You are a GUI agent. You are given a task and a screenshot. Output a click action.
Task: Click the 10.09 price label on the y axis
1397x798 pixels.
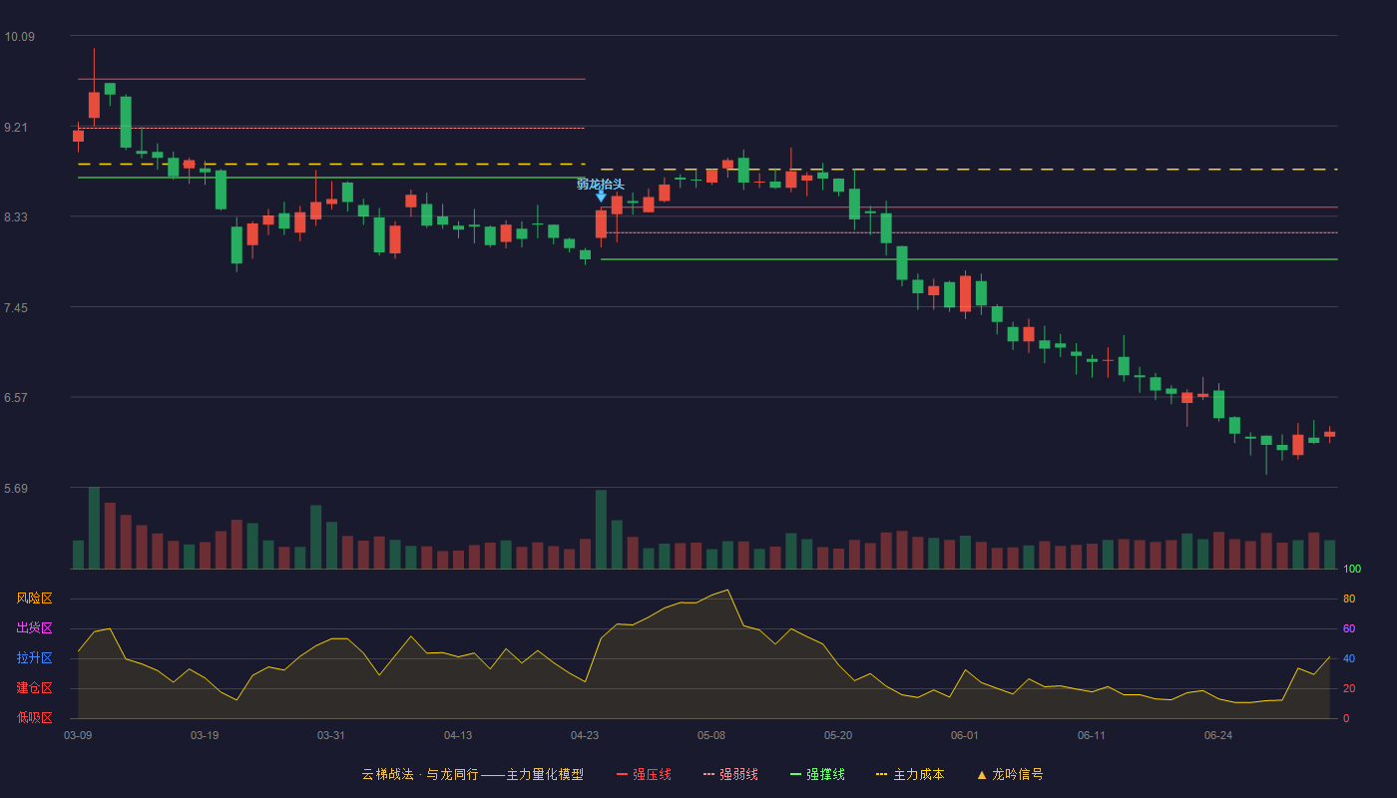point(19,37)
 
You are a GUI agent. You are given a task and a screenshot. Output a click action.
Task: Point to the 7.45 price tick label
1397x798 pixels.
point(16,308)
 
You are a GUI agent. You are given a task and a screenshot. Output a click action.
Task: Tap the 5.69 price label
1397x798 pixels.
point(16,488)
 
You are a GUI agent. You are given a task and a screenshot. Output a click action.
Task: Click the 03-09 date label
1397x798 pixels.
point(78,736)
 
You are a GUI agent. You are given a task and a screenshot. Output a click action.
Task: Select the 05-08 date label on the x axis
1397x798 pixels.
point(711,736)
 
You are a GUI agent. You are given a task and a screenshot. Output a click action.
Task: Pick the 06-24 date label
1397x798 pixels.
point(1218,736)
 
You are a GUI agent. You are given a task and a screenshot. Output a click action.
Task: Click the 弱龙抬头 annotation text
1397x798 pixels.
point(600,184)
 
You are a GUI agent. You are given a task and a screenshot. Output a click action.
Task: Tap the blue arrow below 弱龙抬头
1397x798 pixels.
point(601,197)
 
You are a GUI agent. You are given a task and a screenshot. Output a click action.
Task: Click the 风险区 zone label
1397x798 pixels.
point(34,598)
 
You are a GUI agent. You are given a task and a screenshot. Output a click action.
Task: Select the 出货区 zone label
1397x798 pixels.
point(34,627)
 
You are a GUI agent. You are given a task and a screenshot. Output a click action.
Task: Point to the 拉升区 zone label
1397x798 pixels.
point(34,657)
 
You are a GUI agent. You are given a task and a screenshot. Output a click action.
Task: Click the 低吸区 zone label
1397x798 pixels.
point(34,717)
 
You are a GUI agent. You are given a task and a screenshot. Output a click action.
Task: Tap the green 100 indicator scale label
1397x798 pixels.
point(1352,569)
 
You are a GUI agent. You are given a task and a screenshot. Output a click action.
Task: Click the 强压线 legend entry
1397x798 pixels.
point(645,774)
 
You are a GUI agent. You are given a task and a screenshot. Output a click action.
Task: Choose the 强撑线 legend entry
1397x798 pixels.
point(817,774)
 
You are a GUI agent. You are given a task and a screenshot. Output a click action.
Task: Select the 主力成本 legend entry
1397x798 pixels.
point(910,774)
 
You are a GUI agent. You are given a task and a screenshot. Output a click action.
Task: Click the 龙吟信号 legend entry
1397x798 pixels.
point(1010,774)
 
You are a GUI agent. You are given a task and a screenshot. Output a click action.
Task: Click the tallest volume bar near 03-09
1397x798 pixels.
point(94,528)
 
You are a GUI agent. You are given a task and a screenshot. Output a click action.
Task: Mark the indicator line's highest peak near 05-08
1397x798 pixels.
point(727,590)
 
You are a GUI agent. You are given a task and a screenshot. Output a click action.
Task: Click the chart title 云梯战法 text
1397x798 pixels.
point(388,774)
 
